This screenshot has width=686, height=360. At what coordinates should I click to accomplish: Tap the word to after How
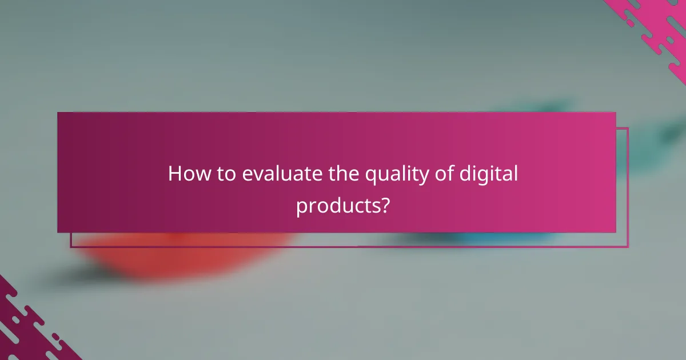pyautogui.click(x=226, y=174)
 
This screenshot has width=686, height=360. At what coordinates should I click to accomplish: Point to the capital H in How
pyautogui.click(x=174, y=174)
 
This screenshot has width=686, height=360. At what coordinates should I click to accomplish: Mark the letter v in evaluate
pyautogui.click(x=256, y=175)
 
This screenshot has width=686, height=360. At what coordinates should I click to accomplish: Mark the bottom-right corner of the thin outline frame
pyautogui.click(x=628, y=247)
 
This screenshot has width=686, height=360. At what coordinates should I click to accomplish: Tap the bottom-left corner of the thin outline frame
pyautogui.click(x=71, y=247)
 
